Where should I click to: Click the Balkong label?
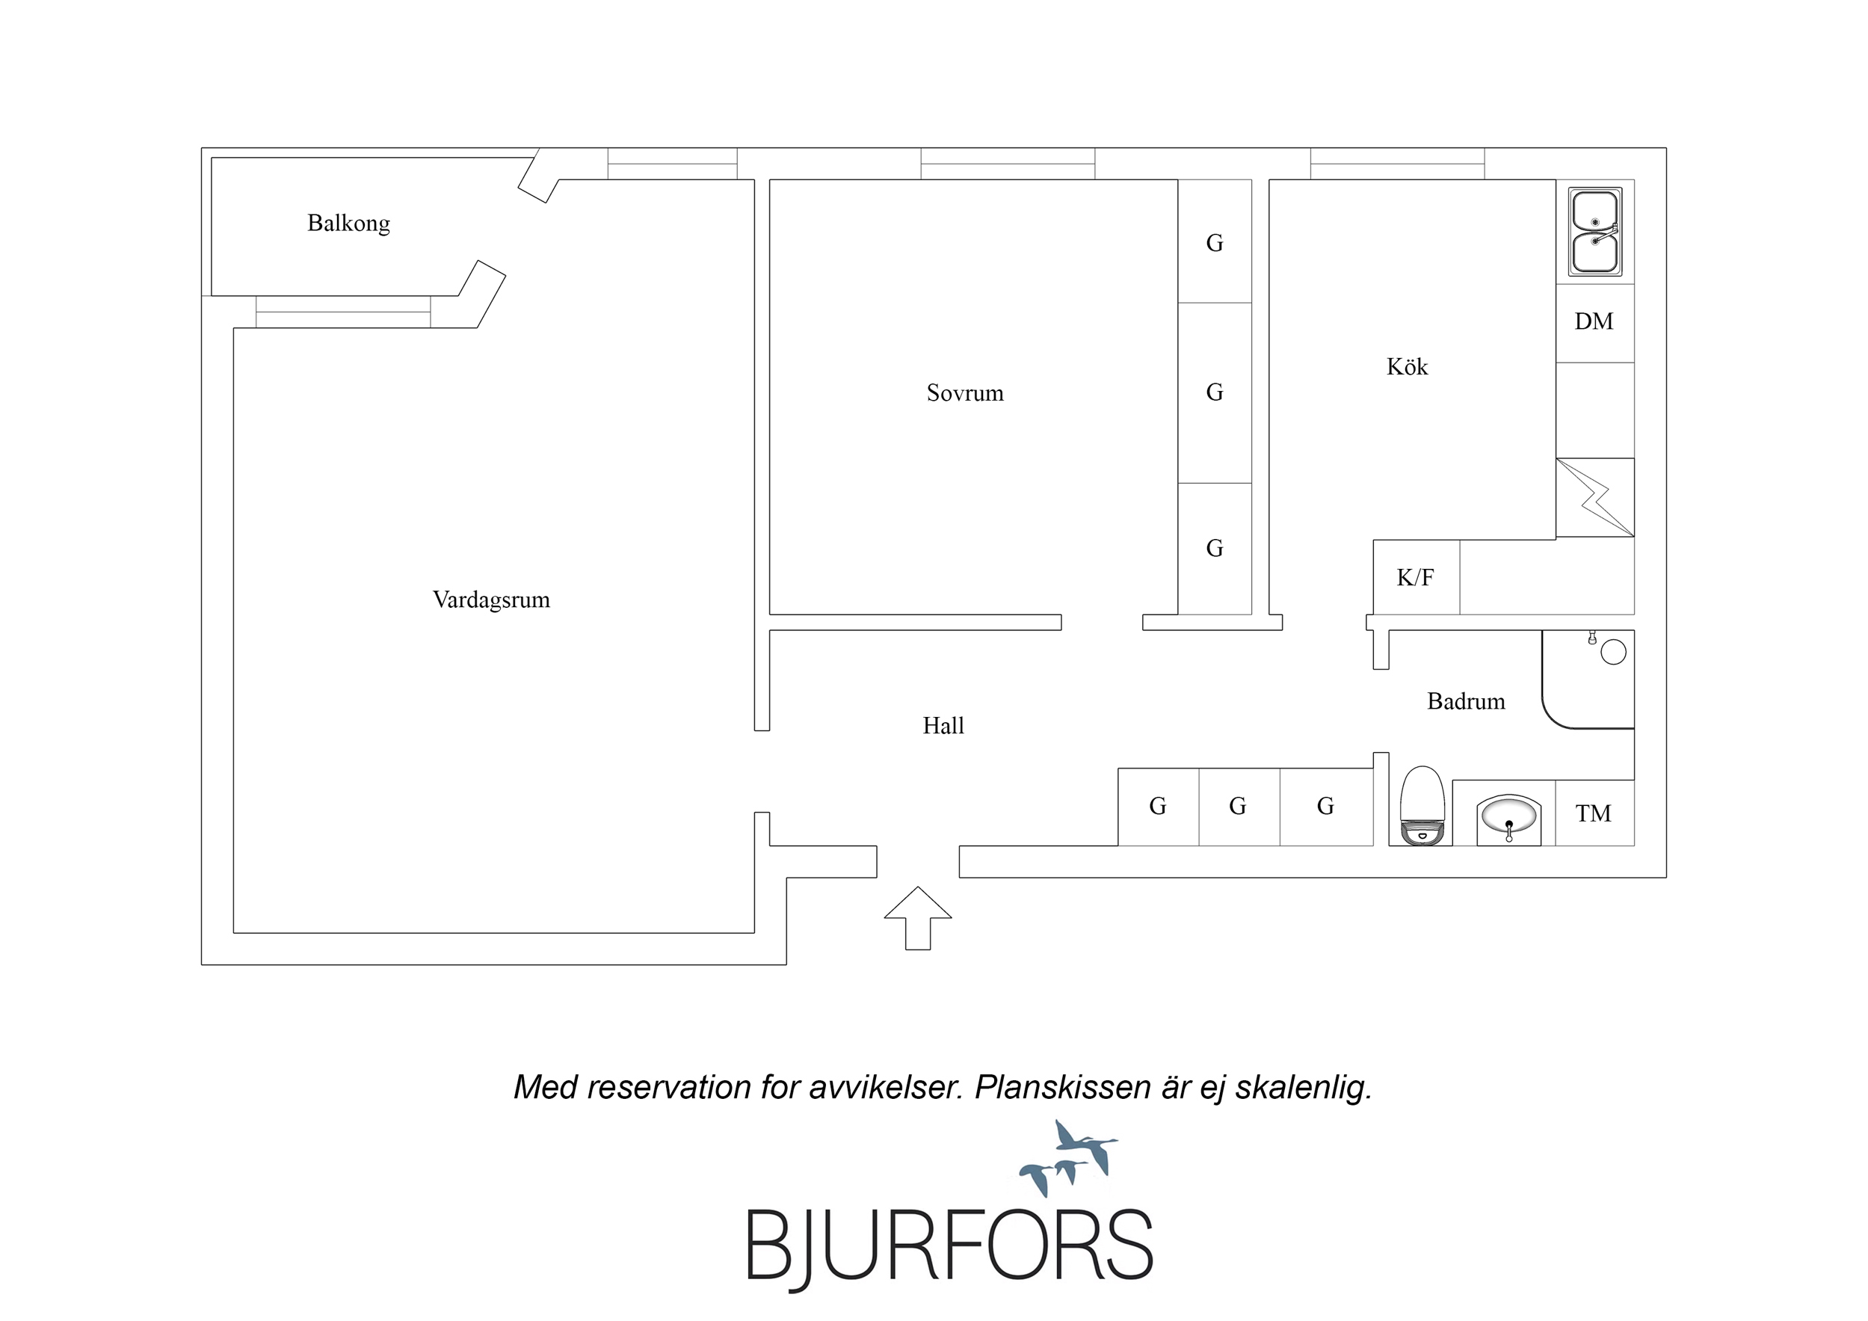(348, 223)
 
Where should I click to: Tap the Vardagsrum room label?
(490, 600)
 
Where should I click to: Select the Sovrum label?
(965, 393)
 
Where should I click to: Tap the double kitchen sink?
(1594, 232)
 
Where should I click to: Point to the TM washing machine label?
(1593, 813)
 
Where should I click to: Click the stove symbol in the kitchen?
(1595, 497)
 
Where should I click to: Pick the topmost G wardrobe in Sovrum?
(1215, 242)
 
